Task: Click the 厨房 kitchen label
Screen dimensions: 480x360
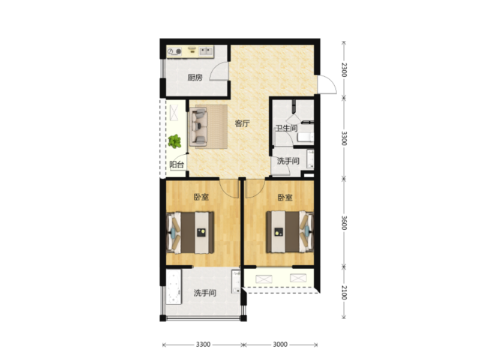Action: click(x=195, y=78)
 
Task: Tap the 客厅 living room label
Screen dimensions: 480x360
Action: click(x=242, y=124)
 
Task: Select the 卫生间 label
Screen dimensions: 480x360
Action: click(x=286, y=128)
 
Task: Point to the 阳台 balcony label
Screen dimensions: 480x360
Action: click(x=176, y=164)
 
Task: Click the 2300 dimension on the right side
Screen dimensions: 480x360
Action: click(x=344, y=70)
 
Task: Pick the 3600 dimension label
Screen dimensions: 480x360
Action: click(x=344, y=223)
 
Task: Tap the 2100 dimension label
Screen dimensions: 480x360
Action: click(x=344, y=293)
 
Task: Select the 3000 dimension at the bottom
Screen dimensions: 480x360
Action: click(x=280, y=344)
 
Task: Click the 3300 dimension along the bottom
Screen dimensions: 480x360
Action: click(x=203, y=344)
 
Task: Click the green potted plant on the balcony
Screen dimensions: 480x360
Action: click(x=175, y=142)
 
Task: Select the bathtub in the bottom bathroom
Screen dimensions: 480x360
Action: click(x=173, y=287)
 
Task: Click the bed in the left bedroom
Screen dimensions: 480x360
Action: click(x=190, y=233)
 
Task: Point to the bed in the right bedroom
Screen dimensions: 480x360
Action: click(x=290, y=232)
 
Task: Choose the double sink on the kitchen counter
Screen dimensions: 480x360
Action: click(x=206, y=51)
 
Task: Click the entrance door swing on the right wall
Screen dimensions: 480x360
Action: click(x=327, y=84)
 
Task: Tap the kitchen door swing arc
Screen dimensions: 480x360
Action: click(x=219, y=71)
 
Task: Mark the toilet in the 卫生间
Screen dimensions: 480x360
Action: click(x=305, y=137)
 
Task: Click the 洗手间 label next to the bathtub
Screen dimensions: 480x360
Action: click(x=205, y=293)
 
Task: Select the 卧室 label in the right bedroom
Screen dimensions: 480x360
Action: click(x=285, y=198)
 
